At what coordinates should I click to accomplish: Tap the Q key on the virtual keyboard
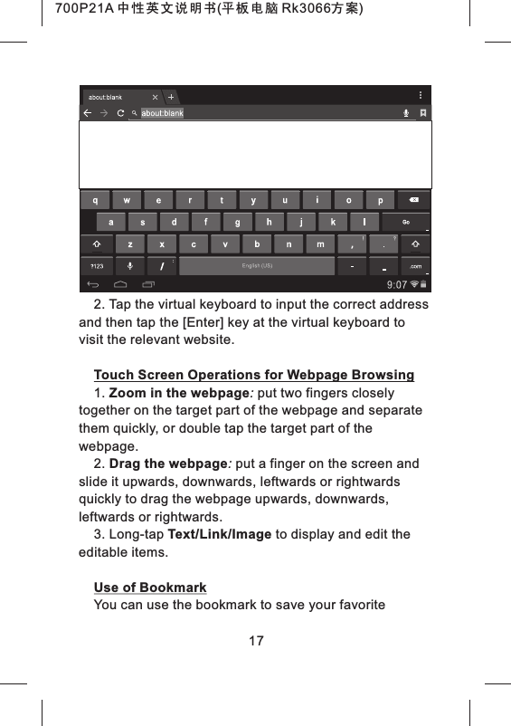[96, 199]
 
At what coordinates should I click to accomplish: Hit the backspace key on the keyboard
[412, 199]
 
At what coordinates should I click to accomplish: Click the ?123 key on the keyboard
[96, 265]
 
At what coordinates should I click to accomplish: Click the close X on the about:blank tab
[156, 97]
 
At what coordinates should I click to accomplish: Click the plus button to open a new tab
[171, 97]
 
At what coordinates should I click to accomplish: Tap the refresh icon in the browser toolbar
[120, 113]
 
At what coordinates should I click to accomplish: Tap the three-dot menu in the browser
[419, 95]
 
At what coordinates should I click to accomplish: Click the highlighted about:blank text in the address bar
[162, 113]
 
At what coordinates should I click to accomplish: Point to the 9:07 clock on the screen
[396, 283]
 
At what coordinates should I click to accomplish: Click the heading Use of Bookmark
[150, 588]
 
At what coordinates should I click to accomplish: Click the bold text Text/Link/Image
[220, 535]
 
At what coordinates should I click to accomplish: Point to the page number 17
[256, 641]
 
